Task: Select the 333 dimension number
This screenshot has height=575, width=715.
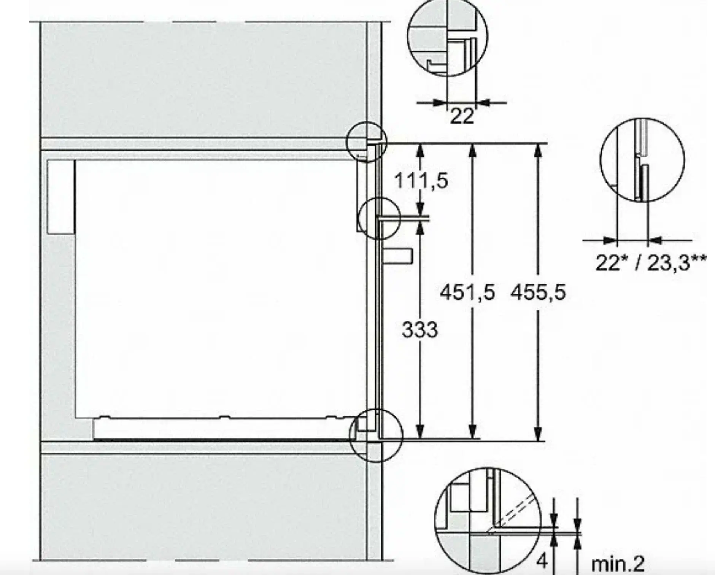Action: coord(420,329)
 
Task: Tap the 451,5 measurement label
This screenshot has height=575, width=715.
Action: coord(467,292)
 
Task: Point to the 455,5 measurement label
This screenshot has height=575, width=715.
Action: coord(538,292)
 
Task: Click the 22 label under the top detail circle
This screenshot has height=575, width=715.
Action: coord(462,116)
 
